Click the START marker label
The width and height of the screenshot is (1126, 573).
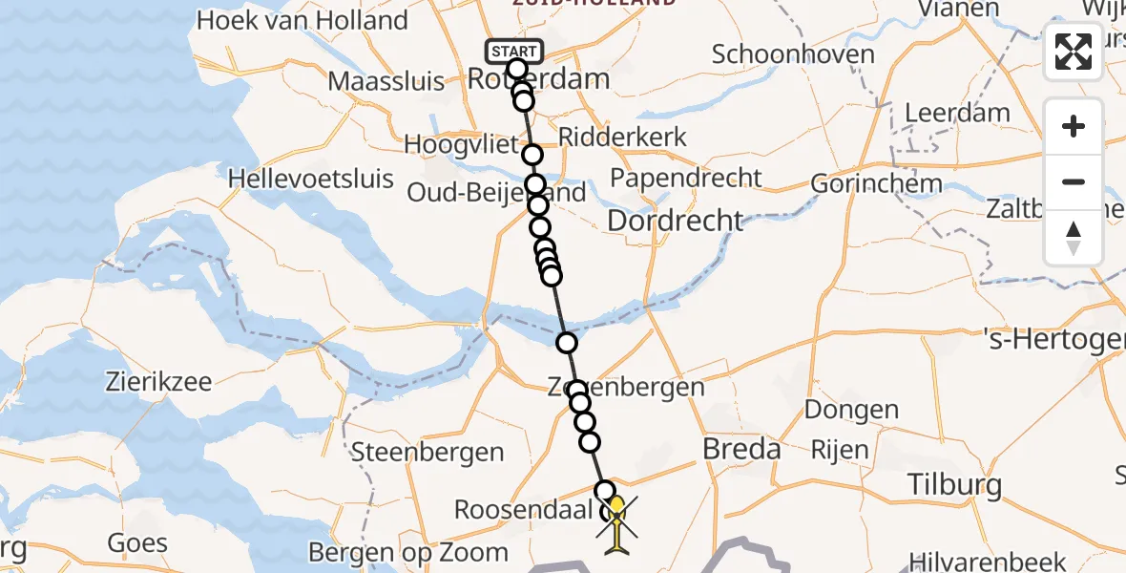(x=515, y=50)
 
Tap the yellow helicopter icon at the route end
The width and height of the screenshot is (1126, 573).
(x=617, y=521)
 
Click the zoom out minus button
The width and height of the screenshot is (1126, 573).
(x=1074, y=181)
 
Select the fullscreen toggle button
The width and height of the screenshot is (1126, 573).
(x=1074, y=52)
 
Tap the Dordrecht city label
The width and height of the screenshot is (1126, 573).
(x=675, y=221)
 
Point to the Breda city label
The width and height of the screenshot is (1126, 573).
(x=741, y=449)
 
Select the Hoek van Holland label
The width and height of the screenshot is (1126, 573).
(x=302, y=20)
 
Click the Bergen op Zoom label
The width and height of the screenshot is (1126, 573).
(x=408, y=552)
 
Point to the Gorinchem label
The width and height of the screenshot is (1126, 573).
(x=876, y=183)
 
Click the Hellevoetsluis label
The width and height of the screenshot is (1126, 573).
(x=311, y=179)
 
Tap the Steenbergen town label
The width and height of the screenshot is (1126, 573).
(x=427, y=452)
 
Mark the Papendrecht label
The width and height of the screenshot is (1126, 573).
(x=686, y=178)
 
